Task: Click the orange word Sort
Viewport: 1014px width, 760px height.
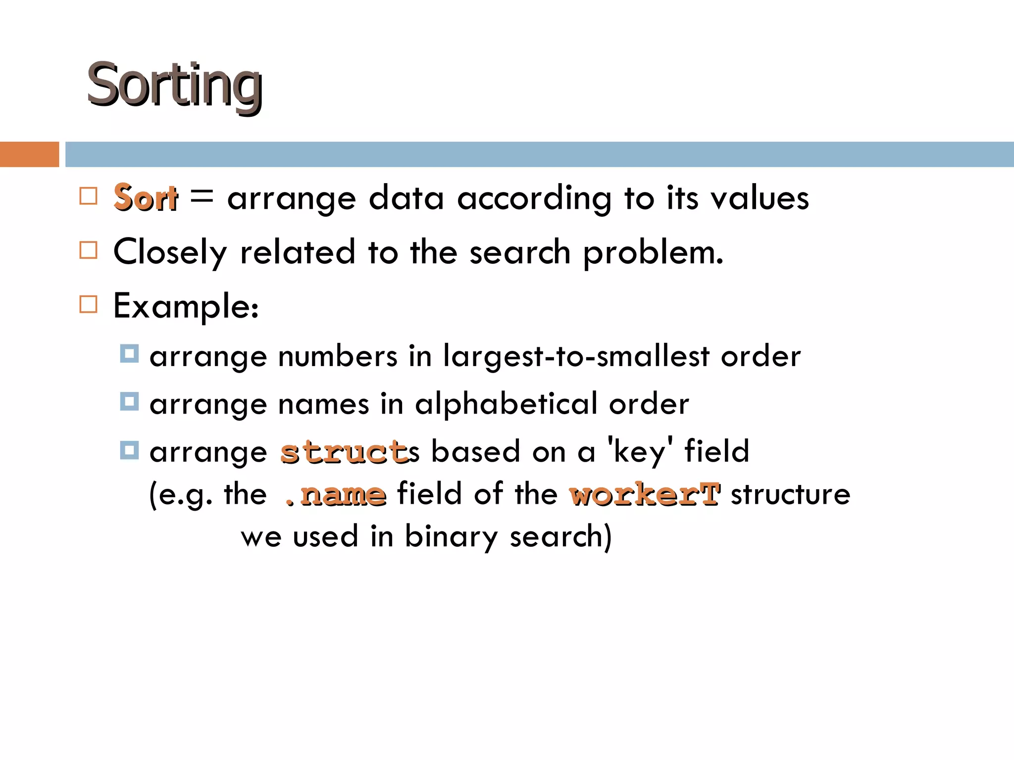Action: tap(145, 198)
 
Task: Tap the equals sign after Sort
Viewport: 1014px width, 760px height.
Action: tap(202, 196)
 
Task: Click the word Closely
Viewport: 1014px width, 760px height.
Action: tap(170, 252)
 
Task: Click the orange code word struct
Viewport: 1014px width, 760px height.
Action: tap(345, 452)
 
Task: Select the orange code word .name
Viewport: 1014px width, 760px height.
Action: tap(336, 494)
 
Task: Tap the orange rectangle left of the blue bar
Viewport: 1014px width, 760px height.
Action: tap(29, 154)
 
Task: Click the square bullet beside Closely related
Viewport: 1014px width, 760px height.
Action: tap(89, 250)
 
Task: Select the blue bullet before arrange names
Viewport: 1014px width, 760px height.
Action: tap(129, 402)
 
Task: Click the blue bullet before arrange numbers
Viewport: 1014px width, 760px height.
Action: tap(129, 354)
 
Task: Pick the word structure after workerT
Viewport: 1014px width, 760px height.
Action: tap(791, 494)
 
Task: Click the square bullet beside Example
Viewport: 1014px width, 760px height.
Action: tap(89, 304)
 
